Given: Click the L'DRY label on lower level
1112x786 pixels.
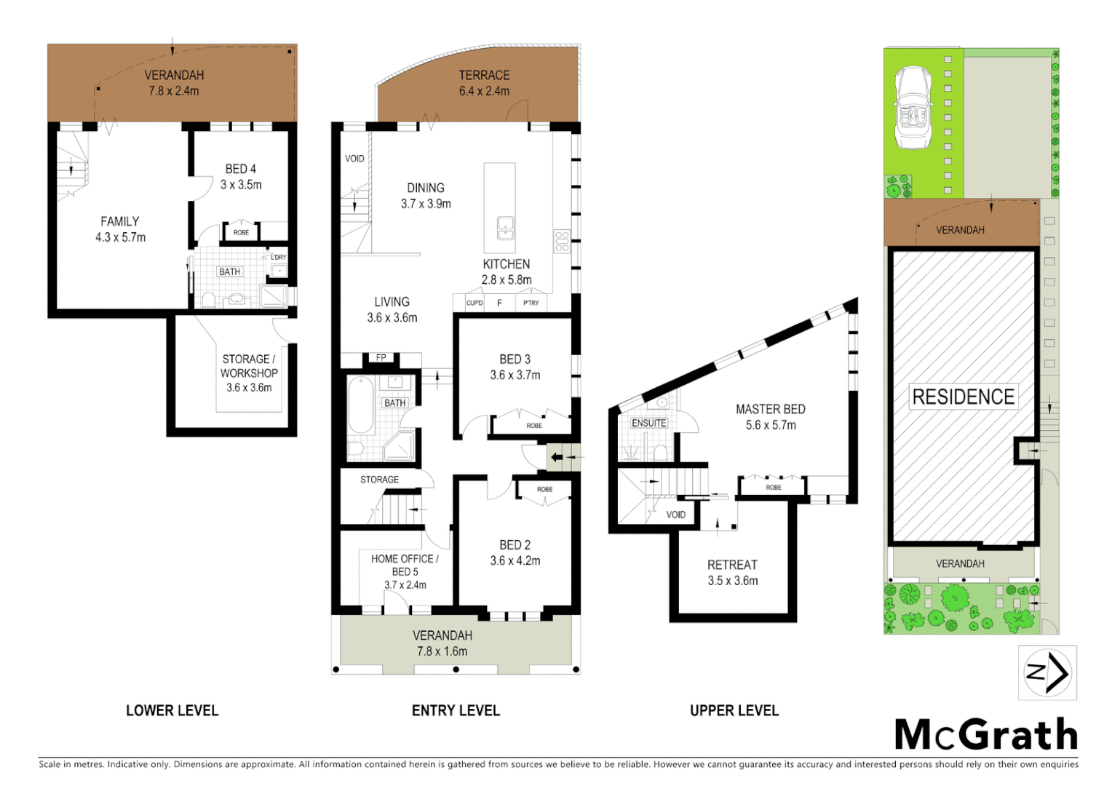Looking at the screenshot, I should (278, 258).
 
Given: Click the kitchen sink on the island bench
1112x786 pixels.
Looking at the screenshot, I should (505, 229).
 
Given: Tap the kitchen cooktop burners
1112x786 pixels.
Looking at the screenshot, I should (562, 242).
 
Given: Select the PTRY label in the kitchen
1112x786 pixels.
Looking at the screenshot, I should (531, 303).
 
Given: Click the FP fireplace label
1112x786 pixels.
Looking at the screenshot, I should (381, 357).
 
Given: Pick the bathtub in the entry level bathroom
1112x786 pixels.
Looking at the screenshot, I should (361, 405).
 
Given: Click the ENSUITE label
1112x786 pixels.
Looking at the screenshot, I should (648, 423).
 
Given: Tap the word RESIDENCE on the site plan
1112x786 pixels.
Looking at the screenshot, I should (963, 397).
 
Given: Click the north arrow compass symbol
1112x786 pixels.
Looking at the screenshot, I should (1047, 672).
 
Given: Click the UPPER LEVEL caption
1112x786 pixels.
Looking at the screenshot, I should (734, 710).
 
